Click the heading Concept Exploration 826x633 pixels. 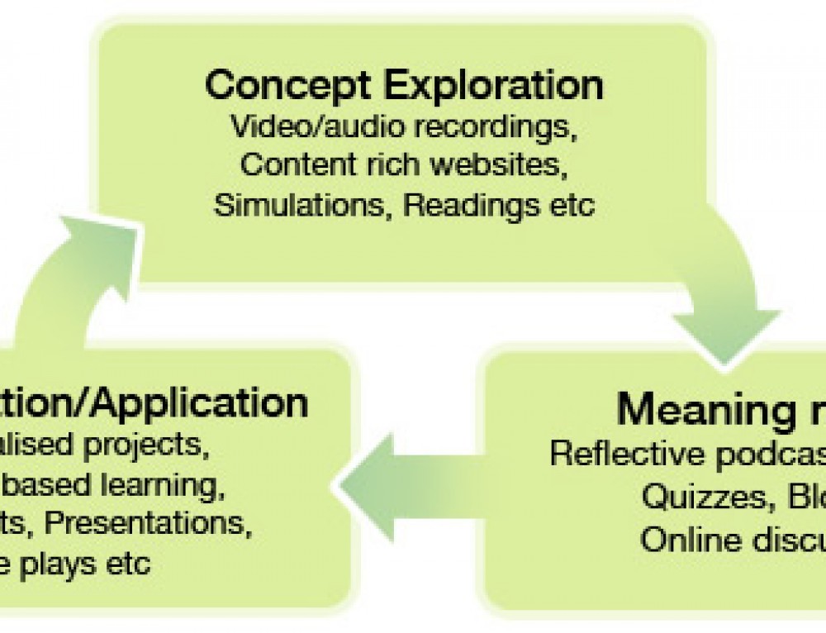tap(404, 85)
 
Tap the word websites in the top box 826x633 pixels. tap(506, 164)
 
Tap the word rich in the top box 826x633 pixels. tap(394, 164)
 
